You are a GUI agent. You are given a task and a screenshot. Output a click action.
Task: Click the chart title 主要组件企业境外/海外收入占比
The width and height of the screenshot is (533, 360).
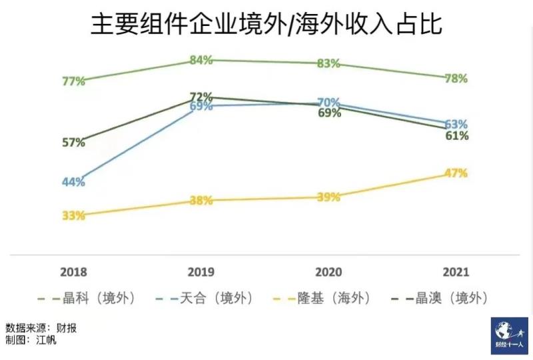(x=266, y=25)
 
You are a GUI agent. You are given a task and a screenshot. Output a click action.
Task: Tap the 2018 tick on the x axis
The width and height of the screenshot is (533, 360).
(x=73, y=273)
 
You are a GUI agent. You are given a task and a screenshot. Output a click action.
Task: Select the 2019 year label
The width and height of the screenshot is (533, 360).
(x=201, y=273)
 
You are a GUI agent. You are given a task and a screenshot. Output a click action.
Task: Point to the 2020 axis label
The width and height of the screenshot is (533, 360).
(x=328, y=273)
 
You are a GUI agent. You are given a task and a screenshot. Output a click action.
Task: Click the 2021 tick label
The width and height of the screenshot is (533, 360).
(x=456, y=273)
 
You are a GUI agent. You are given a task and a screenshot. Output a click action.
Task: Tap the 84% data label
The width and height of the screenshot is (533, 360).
(x=201, y=60)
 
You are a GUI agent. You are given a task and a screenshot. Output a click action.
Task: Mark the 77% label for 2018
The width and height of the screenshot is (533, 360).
(x=73, y=81)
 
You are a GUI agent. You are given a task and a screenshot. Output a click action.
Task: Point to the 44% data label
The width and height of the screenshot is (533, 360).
(x=73, y=182)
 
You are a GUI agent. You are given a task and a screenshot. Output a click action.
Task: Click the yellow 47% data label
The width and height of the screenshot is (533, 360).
(x=456, y=173)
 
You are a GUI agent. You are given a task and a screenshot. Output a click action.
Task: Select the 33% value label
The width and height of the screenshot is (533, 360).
(x=73, y=215)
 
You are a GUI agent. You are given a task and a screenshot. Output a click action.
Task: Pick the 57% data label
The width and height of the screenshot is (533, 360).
(x=73, y=142)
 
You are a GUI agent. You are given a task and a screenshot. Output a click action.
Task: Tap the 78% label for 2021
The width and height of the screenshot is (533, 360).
(x=456, y=78)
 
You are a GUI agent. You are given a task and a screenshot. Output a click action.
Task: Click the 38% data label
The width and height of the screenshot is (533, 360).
(x=201, y=200)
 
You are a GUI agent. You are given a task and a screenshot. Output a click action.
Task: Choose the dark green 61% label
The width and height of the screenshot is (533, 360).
(x=457, y=136)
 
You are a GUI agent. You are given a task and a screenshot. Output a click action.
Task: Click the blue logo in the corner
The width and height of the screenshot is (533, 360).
(x=508, y=335)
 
